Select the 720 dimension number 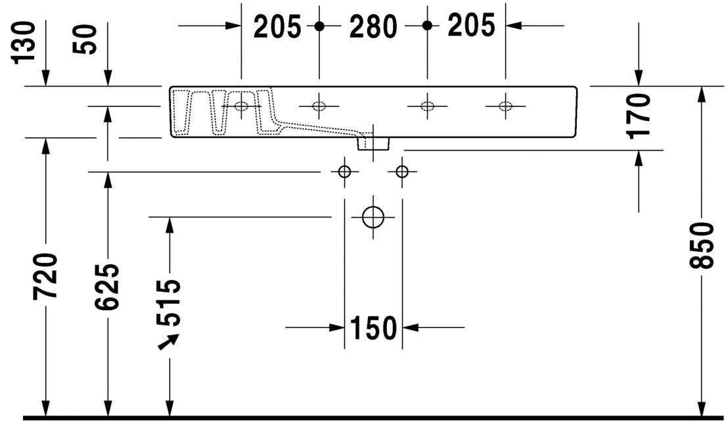point(46,275)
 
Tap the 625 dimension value point(107,287)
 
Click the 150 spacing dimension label point(373,327)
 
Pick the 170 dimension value point(639,116)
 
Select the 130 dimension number point(26,40)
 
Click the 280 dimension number point(373,26)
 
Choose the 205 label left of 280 point(277,26)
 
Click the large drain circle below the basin point(373,216)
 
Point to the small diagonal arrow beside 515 point(168,342)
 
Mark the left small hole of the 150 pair point(344,172)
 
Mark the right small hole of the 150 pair point(402,172)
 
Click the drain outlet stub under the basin point(373,143)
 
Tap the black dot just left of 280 point(319,26)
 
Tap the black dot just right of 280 point(427,26)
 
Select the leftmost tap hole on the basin point(242,106)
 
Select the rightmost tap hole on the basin point(505,106)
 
